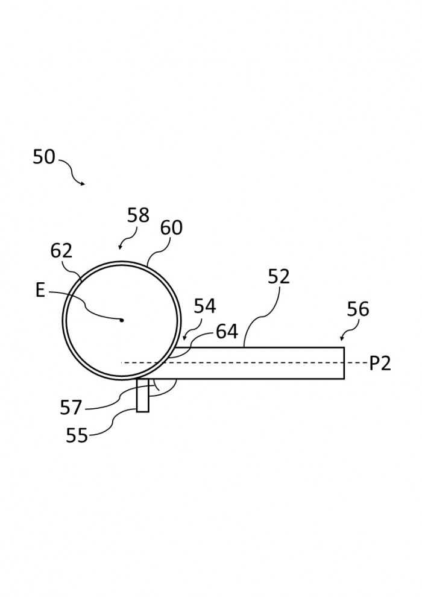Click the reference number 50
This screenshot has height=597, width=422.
(44, 157)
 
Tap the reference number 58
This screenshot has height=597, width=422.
(138, 215)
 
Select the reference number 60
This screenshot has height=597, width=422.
(171, 228)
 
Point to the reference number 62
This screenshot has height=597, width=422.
(61, 251)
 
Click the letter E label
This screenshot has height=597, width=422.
(40, 291)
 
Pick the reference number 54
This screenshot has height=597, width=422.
(205, 306)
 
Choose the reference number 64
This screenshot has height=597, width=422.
(227, 331)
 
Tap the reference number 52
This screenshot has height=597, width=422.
(279, 276)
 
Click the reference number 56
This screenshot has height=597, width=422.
(357, 309)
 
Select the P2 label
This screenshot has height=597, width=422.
(380, 364)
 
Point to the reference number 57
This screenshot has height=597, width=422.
(71, 408)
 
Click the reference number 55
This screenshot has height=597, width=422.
(77, 435)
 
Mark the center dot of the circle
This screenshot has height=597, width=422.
(122, 320)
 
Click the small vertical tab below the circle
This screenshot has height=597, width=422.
(143, 395)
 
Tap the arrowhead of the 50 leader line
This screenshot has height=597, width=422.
(83, 184)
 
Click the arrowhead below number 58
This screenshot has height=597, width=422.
(120, 247)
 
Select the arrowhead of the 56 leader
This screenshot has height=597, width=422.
(342, 338)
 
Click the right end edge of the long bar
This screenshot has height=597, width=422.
(344, 363)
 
